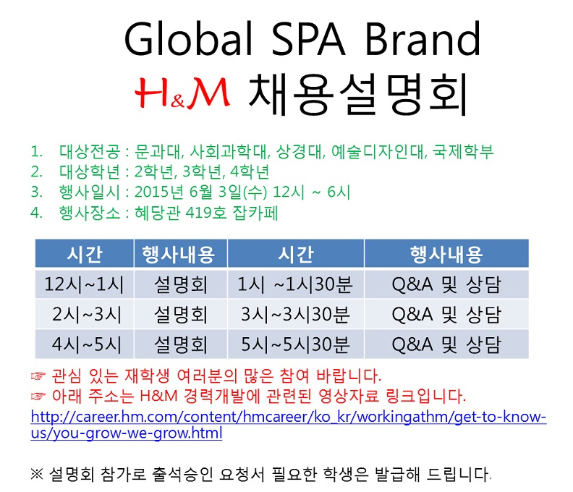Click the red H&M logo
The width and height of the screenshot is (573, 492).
(x=182, y=93)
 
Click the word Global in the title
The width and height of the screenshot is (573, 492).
(x=189, y=39)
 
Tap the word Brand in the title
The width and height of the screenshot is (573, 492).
(x=423, y=39)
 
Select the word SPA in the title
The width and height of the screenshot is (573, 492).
(x=308, y=39)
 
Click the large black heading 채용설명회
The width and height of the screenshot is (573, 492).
(x=358, y=94)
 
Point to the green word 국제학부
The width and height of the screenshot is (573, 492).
(x=463, y=151)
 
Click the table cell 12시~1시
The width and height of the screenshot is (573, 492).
(x=85, y=284)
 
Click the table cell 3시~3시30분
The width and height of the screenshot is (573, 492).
(x=295, y=314)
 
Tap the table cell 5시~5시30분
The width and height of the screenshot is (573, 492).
(x=295, y=344)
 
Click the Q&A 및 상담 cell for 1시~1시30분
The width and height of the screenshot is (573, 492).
(x=446, y=284)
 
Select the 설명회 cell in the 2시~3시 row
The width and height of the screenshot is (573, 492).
(x=181, y=314)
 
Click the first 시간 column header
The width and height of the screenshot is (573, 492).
(x=85, y=254)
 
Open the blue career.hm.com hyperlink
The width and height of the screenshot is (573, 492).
(x=289, y=425)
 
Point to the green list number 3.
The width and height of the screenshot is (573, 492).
(x=36, y=192)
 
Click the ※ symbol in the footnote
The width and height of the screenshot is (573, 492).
(x=37, y=474)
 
